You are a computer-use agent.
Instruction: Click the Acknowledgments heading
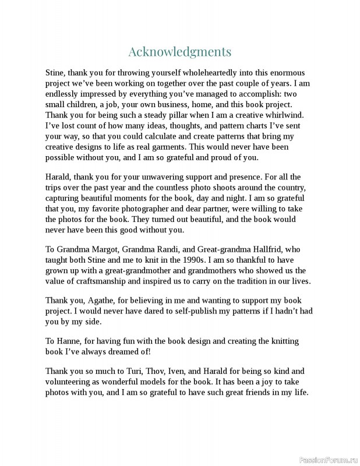(x=179, y=52)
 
